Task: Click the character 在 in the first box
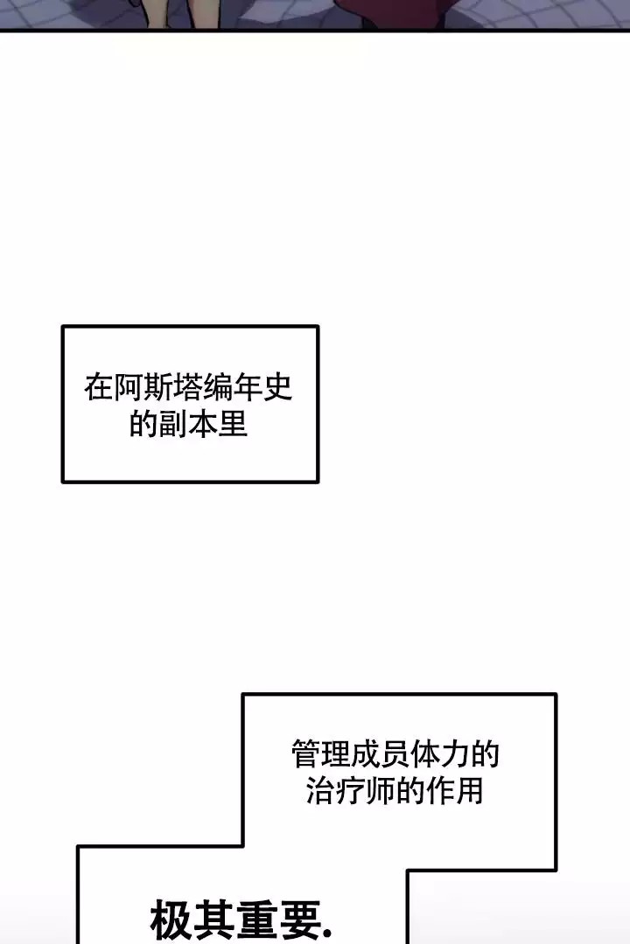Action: [x=98, y=387]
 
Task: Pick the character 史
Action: [x=278, y=387]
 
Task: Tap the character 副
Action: [x=173, y=424]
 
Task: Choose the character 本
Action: [x=203, y=424]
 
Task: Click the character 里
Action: [x=234, y=424]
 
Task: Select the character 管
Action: [x=305, y=754]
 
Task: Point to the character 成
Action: [x=366, y=754]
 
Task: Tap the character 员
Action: [x=395, y=754]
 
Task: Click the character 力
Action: [x=455, y=754]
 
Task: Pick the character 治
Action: [x=321, y=790]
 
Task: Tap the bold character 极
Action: [x=171, y=920]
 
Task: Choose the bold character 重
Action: [x=256, y=920]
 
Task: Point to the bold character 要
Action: [x=299, y=920]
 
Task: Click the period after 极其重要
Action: [x=327, y=935]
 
